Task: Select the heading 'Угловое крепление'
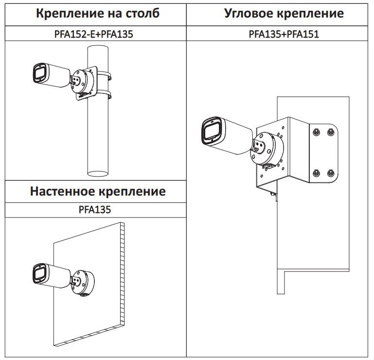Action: click(284, 13)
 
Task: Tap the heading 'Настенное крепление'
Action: click(98, 191)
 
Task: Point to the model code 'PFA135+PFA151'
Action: click(284, 34)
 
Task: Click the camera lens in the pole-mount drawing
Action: click(38, 74)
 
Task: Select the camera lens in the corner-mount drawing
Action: click(213, 131)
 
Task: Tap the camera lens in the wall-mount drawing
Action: click(38, 273)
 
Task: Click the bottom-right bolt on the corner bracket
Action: click(331, 173)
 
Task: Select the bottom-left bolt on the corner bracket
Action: click(316, 173)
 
